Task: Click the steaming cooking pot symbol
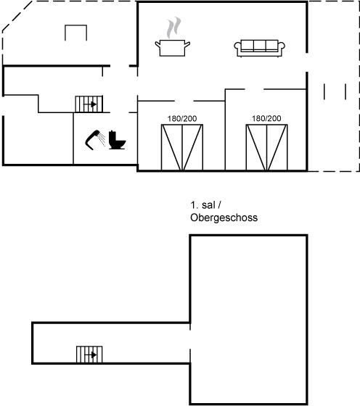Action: pyautogui.click(x=173, y=48)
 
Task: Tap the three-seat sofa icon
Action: pyautogui.click(x=259, y=48)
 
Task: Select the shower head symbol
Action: pyautogui.click(x=95, y=140)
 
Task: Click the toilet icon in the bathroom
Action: pyautogui.click(x=117, y=140)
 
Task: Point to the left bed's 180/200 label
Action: pyautogui.click(x=182, y=119)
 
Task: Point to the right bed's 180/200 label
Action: pyautogui.click(x=266, y=118)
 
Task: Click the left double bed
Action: pyautogui.click(x=182, y=147)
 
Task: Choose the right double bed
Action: pyautogui.click(x=266, y=147)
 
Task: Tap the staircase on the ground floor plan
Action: pyautogui.click(x=89, y=104)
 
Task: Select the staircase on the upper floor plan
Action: pyautogui.click(x=89, y=355)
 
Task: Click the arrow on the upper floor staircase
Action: pyautogui.click(x=91, y=355)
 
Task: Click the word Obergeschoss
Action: pyautogui.click(x=224, y=217)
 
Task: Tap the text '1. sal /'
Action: pyautogui.click(x=205, y=205)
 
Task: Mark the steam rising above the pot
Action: pyautogui.click(x=173, y=28)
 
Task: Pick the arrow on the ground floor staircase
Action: pyautogui.click(x=91, y=104)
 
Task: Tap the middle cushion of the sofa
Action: pyautogui.click(x=260, y=45)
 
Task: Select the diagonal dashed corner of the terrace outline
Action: pyautogui.click(x=17, y=16)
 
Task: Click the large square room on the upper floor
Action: pyautogui.click(x=249, y=320)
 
